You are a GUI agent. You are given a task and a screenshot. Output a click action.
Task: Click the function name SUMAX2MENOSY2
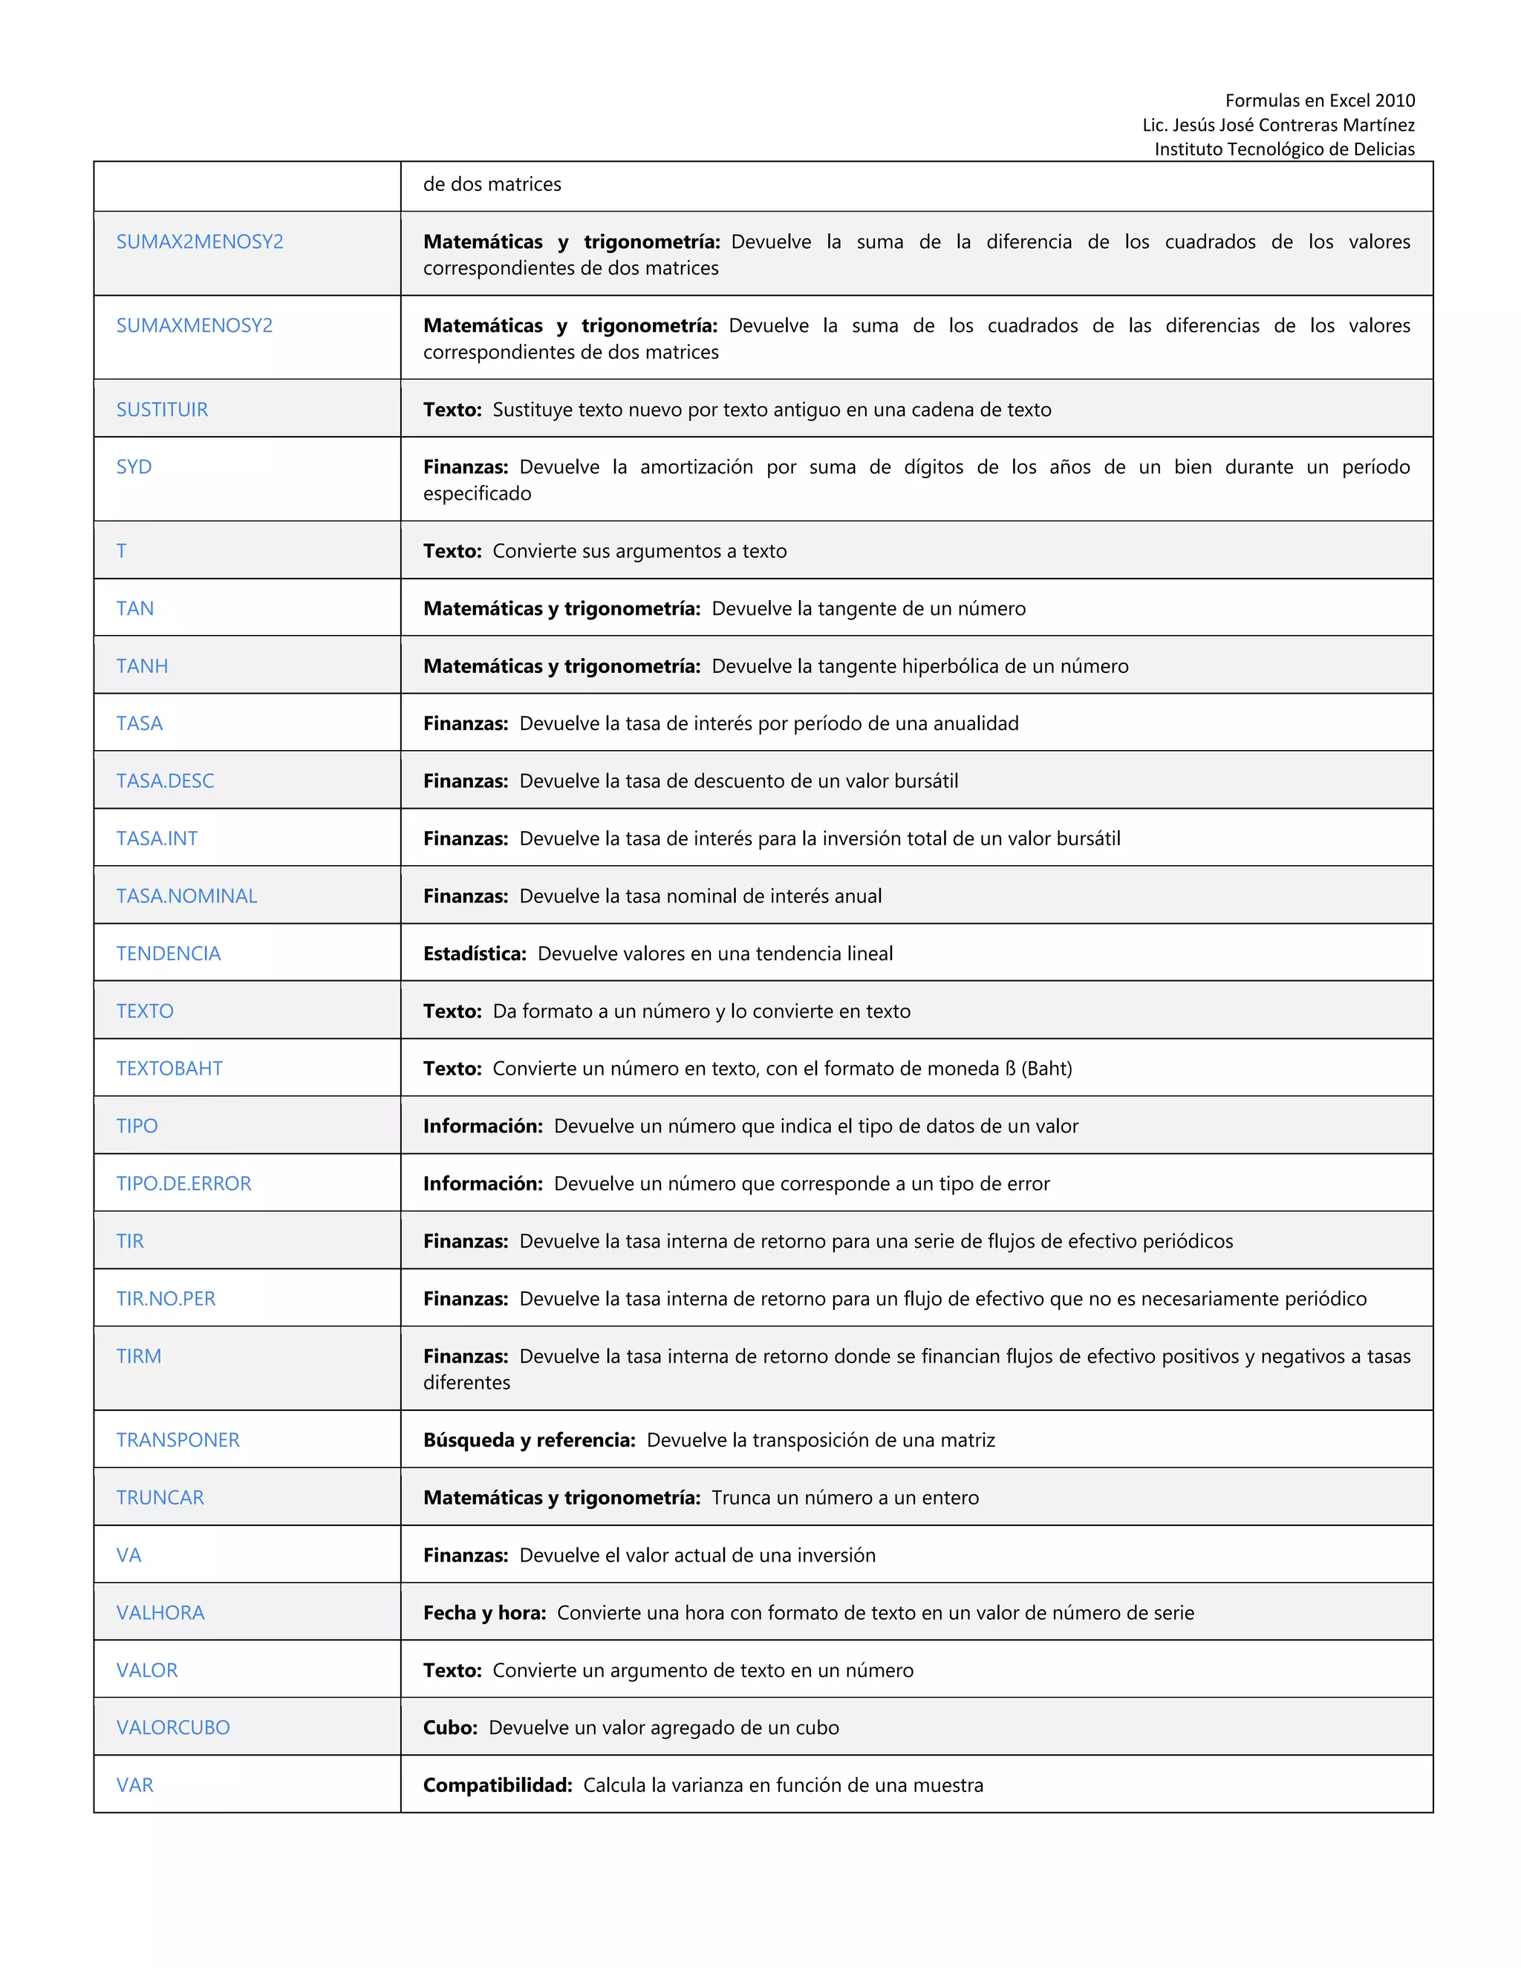199,241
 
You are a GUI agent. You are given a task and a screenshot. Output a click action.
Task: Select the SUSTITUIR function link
162,409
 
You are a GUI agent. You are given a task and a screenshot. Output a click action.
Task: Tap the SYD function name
134,467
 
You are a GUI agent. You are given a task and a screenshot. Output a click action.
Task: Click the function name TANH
141,666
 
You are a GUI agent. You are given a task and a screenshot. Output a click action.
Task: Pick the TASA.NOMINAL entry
186,896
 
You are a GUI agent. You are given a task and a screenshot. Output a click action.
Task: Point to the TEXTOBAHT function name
169,1068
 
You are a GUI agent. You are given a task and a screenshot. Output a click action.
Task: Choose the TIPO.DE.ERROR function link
184,1183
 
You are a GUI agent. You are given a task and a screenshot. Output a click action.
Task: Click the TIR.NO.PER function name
166,1298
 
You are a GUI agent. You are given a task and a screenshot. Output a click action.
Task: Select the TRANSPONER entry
177,1440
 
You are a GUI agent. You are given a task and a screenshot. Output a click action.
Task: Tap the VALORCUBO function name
173,1727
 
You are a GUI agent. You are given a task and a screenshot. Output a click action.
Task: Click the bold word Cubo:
449,1727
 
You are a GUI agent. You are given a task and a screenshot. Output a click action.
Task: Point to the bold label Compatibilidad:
498,1785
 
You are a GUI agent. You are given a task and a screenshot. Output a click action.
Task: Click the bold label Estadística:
475,954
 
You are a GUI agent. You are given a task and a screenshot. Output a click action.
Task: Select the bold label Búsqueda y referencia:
529,1440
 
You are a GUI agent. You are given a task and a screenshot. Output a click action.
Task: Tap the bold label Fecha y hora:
485,1612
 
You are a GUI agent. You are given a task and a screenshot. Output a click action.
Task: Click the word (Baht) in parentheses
1046,1068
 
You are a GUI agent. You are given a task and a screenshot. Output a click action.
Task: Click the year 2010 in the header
1394,100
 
